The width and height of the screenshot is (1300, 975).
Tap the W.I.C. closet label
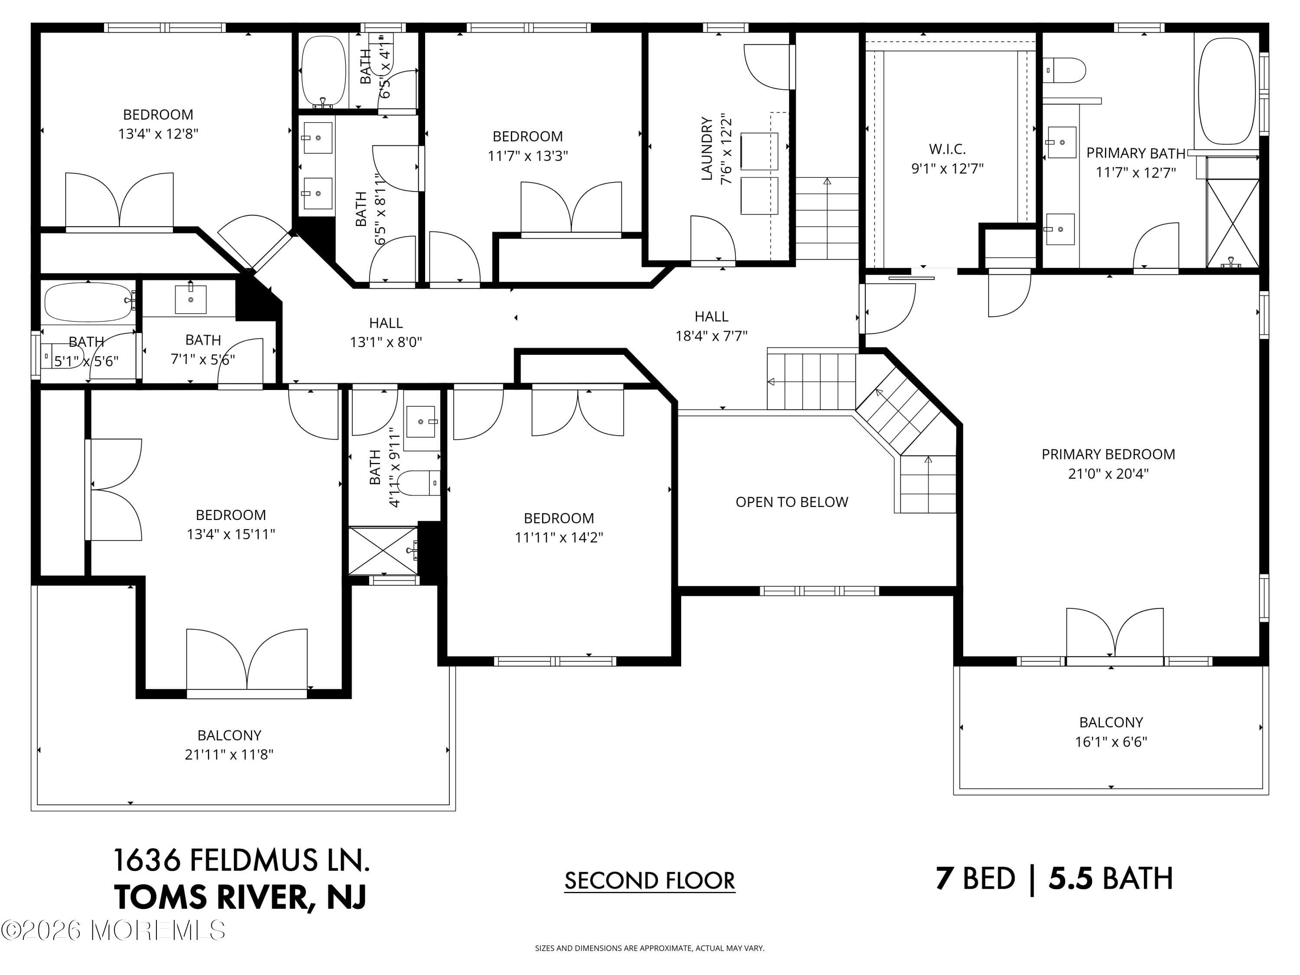click(x=947, y=149)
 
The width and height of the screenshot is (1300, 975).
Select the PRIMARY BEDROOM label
click(x=1108, y=454)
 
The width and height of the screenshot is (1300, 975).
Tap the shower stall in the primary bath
click(x=1232, y=223)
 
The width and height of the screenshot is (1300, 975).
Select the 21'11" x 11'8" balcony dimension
click(x=229, y=754)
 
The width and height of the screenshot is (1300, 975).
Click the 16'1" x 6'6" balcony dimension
click(x=1111, y=742)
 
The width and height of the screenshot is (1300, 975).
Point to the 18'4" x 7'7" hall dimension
click(x=711, y=335)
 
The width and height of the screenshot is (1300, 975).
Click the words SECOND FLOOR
click(x=650, y=881)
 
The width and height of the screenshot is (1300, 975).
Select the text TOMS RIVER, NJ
click(x=240, y=897)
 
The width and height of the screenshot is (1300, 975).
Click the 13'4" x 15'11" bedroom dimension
click(x=231, y=534)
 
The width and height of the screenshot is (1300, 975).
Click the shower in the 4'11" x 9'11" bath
click(x=383, y=551)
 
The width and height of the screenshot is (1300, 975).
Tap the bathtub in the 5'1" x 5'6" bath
click(x=88, y=302)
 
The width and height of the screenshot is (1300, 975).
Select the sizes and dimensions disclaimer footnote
click(x=650, y=948)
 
